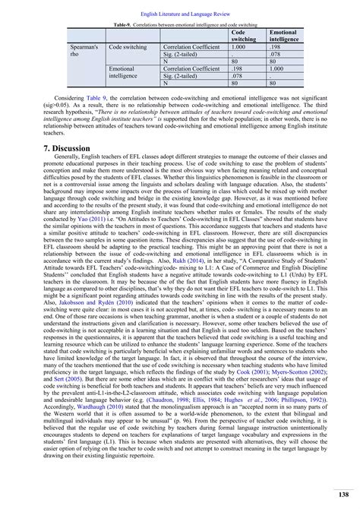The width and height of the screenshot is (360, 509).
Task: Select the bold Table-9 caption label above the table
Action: [113, 25]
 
